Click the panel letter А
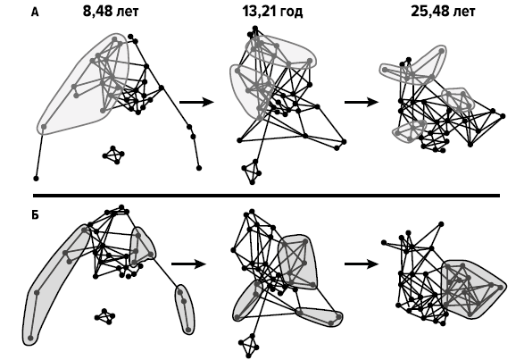point(35,13)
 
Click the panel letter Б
point(35,215)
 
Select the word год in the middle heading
point(291,12)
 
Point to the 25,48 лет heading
point(443,12)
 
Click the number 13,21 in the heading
point(260,12)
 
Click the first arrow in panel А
point(196,102)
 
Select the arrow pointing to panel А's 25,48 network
point(362,102)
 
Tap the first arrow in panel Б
point(189,264)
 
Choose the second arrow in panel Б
point(362,264)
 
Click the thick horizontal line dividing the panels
point(266,196)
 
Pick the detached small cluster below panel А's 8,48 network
point(113,155)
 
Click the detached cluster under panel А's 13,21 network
point(252,172)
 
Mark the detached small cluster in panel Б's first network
point(105,316)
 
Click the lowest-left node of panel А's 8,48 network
point(36,179)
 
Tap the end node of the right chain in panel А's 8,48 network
point(199,168)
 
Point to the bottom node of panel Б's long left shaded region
point(30,338)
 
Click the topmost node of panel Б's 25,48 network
point(441,224)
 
